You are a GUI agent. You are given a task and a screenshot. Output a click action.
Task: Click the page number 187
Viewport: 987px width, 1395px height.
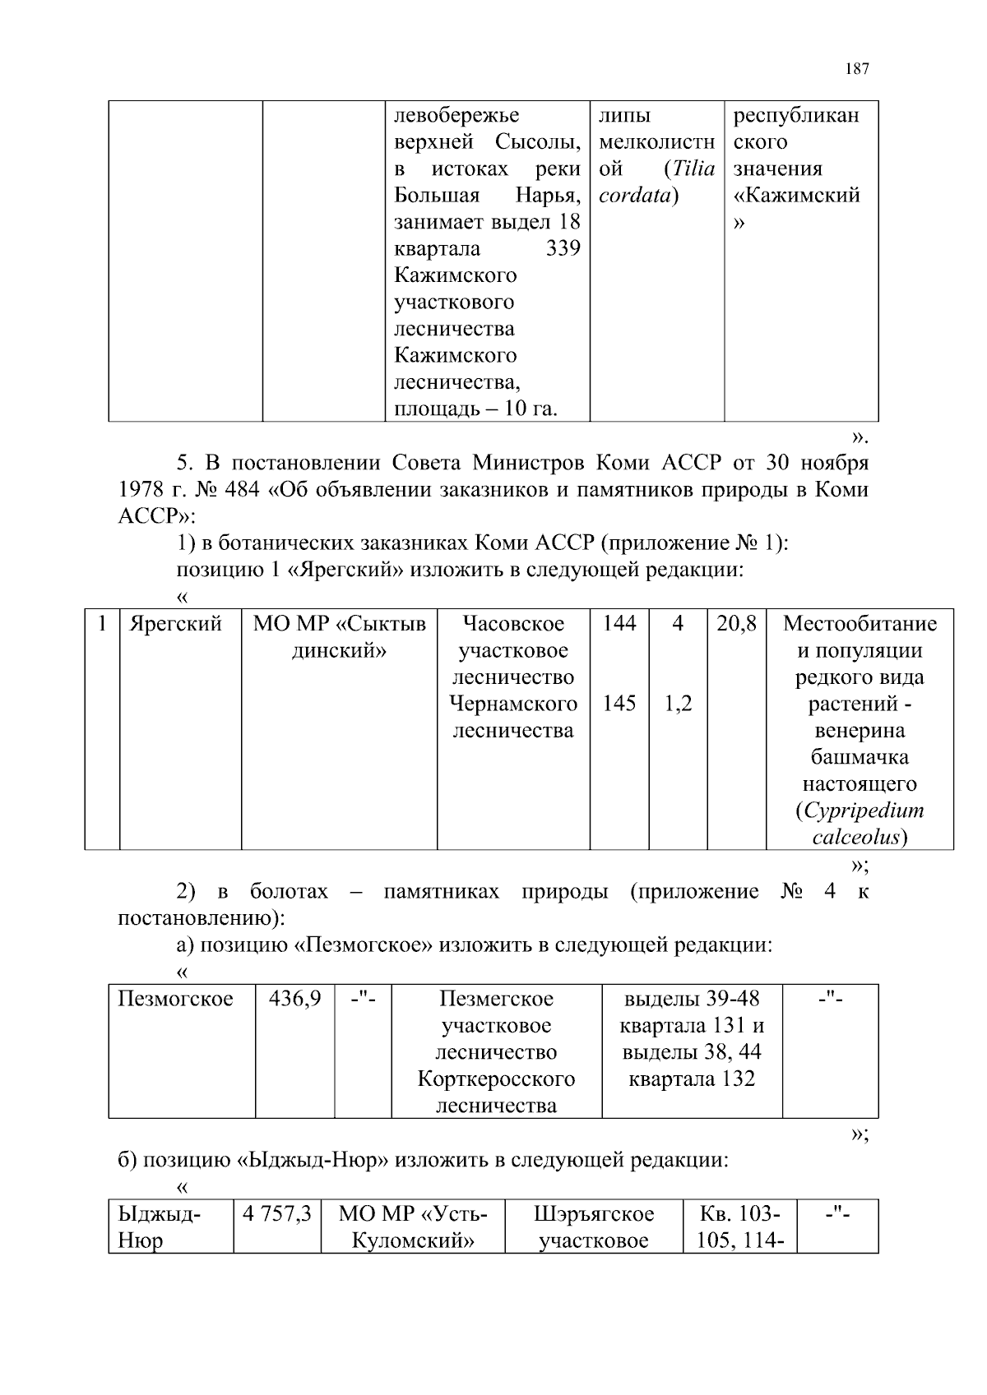click(x=856, y=69)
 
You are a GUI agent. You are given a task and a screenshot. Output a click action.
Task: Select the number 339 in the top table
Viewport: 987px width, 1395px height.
click(x=563, y=248)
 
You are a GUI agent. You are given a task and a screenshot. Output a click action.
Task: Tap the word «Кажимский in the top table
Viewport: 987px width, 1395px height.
click(x=796, y=196)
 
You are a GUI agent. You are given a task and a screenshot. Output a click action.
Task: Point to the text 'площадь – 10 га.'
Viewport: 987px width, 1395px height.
click(x=475, y=409)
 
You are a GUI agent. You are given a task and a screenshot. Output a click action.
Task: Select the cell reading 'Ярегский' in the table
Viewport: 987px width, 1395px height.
click(x=176, y=624)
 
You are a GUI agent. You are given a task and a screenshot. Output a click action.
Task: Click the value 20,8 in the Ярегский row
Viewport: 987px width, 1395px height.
click(x=736, y=624)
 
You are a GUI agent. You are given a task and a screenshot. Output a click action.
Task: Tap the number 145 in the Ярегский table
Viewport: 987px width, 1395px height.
click(x=619, y=704)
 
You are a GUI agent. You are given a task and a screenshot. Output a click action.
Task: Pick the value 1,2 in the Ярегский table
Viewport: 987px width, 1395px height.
click(x=677, y=704)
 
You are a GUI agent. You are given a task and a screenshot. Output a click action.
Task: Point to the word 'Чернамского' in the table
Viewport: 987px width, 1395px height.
click(x=513, y=704)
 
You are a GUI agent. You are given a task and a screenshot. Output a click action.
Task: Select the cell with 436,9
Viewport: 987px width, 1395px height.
click(x=294, y=999)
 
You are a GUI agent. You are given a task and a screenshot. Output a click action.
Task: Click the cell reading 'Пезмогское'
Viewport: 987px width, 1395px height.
click(x=176, y=999)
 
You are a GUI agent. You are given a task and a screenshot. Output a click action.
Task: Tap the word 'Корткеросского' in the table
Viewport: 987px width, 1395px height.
click(x=496, y=1079)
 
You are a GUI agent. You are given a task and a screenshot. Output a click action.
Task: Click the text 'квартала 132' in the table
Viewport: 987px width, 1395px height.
click(x=692, y=1079)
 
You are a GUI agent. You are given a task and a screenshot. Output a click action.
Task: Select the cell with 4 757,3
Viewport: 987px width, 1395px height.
click(x=277, y=1214)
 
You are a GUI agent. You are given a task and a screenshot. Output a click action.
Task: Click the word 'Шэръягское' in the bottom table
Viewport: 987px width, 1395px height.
click(x=594, y=1214)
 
